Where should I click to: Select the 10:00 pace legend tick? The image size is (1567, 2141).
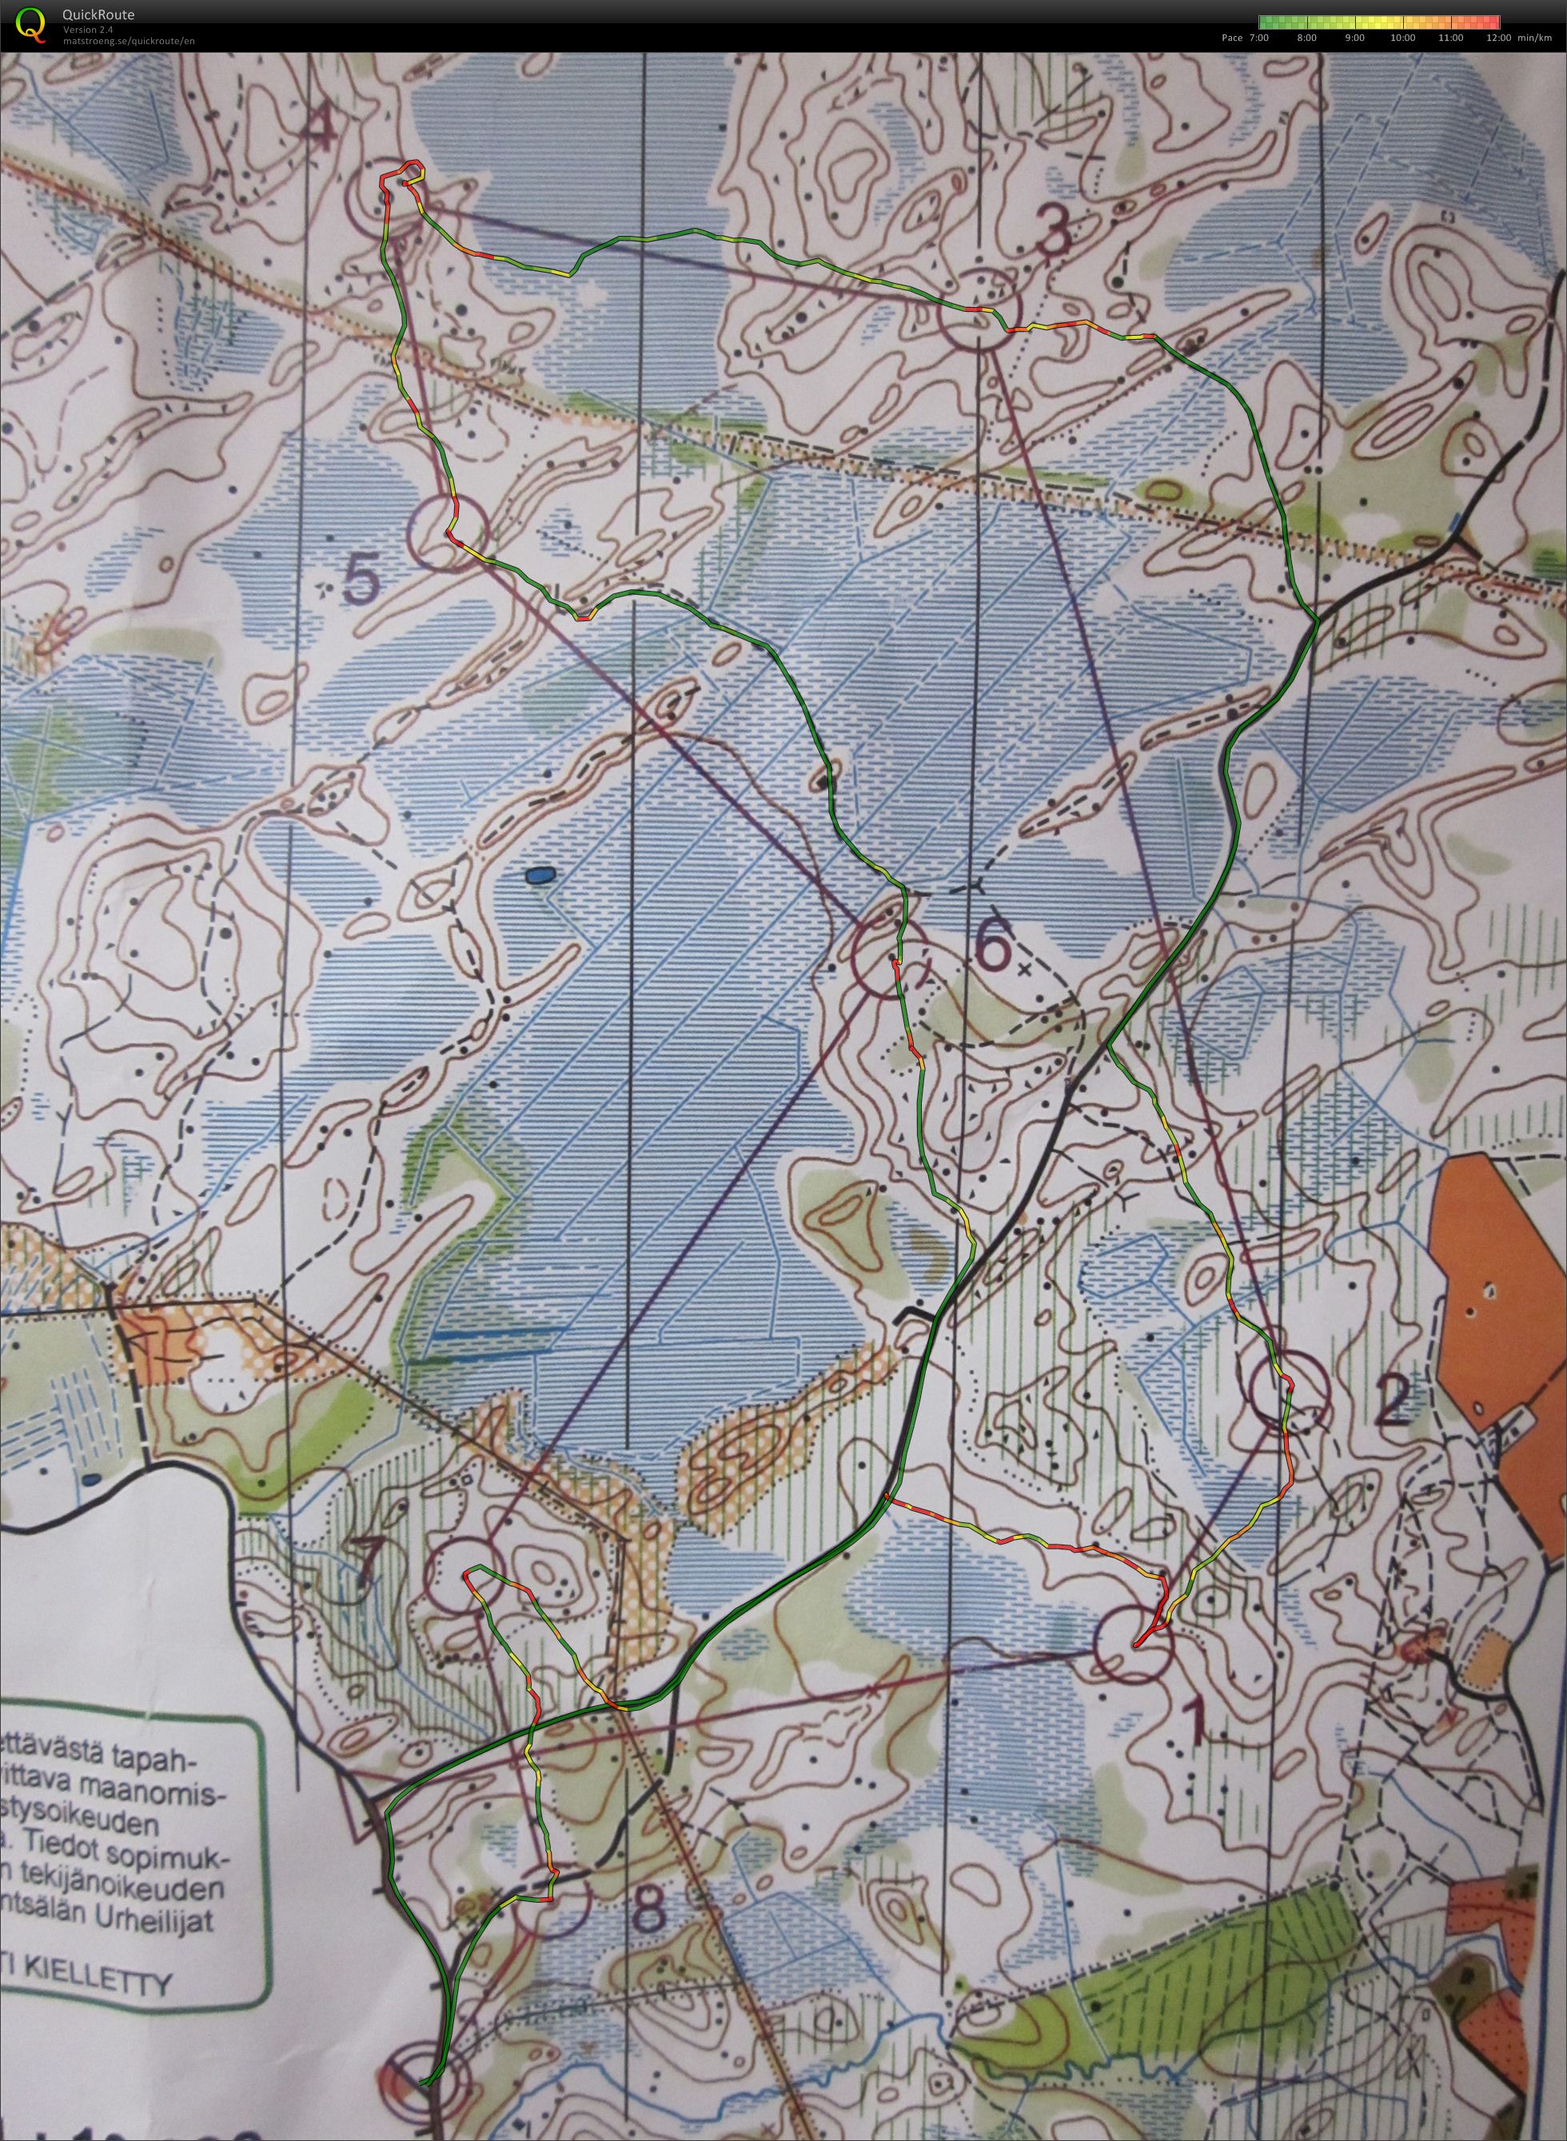coord(1402,38)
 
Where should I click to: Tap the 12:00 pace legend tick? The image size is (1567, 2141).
coord(1500,38)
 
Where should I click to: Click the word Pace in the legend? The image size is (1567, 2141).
coord(1232,38)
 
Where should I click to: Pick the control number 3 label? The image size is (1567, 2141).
coord(1053,230)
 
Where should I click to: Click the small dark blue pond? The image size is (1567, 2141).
coord(539,875)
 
